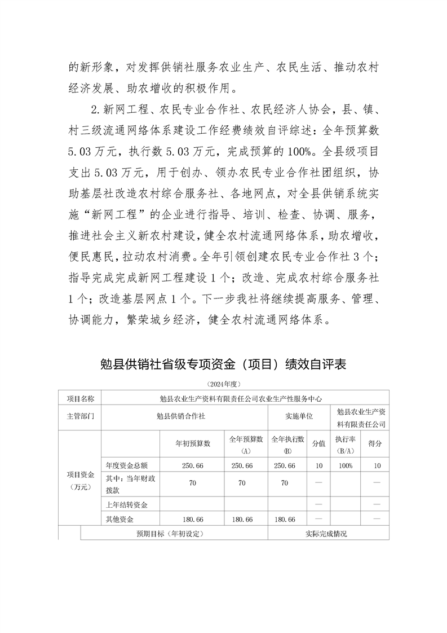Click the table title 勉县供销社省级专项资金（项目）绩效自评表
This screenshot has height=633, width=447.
223,365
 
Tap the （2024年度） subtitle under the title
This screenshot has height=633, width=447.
224,384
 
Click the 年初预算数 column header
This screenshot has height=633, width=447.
192,443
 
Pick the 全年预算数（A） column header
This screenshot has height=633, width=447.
246,443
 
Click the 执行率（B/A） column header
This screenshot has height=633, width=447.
343,443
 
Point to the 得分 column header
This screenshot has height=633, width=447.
374,443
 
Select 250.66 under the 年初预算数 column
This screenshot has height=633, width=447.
192,465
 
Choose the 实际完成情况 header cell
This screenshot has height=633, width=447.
326,533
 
